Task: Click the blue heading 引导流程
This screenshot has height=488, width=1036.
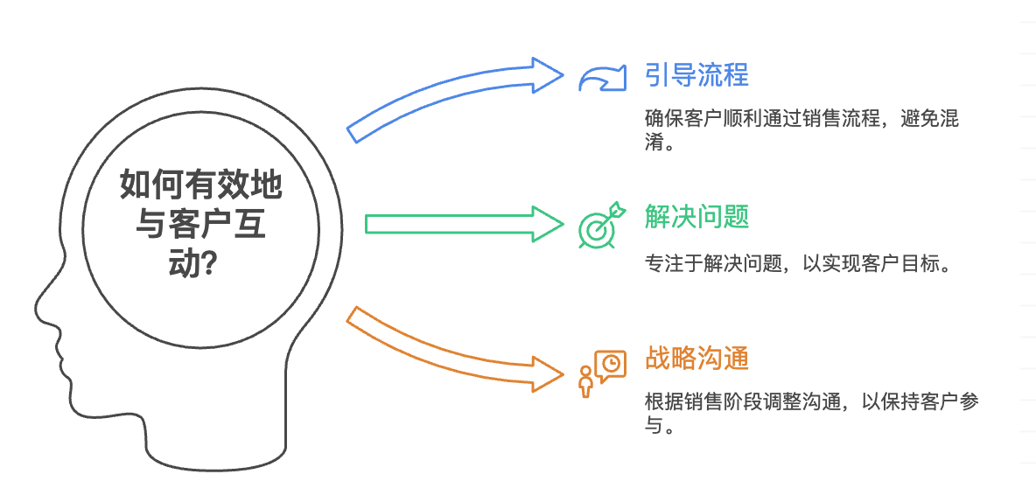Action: tap(696, 74)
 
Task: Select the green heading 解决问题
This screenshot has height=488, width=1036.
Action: tap(696, 216)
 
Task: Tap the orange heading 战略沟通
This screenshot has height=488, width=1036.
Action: tap(696, 359)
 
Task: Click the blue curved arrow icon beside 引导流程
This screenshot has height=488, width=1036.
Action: tap(602, 79)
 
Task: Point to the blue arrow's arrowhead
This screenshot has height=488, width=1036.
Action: tap(547, 73)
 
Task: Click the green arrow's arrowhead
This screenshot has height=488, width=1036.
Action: tap(547, 224)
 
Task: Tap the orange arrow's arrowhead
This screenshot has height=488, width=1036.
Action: tap(548, 372)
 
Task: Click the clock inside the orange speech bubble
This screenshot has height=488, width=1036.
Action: tap(612, 362)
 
